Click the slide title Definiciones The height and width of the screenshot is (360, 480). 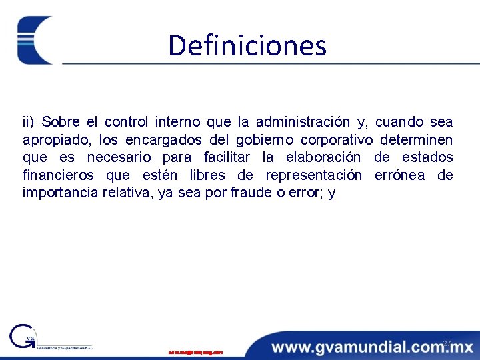247,46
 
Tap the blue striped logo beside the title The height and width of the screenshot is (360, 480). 35,40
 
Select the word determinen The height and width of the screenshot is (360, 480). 417,140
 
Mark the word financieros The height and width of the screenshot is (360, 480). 59,176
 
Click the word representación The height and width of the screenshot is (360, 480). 314,176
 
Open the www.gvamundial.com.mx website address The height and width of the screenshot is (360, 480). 371,347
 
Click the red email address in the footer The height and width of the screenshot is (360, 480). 195,351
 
